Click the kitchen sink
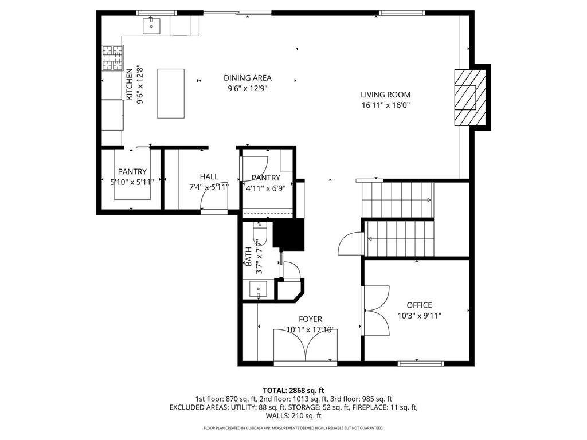151,25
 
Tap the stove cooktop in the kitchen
113,58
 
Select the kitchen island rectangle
171,93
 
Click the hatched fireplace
470,97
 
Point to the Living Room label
386,95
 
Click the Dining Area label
248,78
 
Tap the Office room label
419,305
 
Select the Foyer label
310,319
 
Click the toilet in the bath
260,234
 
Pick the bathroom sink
259,289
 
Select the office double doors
376,311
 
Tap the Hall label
209,176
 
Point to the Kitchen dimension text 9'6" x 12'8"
140,85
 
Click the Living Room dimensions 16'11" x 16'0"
386,105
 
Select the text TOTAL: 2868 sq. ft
293,391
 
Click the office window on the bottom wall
420,363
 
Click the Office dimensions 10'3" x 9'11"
419,316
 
